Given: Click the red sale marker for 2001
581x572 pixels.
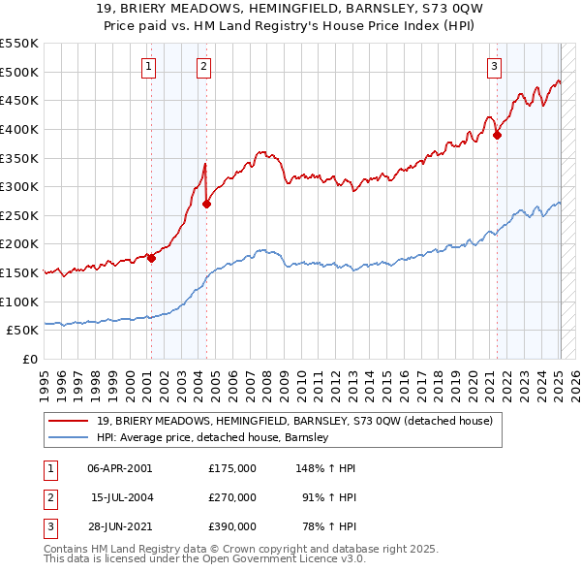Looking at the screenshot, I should coord(152,258).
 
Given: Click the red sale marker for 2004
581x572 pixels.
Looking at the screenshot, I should coord(207,204).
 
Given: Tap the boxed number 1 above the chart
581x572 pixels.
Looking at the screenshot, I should coord(148,67).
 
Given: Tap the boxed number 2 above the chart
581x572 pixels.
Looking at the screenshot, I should coord(204,67).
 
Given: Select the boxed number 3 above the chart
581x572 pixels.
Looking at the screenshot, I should coord(494,67).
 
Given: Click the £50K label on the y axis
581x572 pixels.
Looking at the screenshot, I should coord(23,330).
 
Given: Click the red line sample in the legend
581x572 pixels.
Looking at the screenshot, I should coord(68,421).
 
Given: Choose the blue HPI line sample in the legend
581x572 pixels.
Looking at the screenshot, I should coord(68,437).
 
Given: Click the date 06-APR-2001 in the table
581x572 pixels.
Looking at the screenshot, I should coord(120,468).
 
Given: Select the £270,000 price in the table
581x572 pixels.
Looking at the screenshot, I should coord(232,497).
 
